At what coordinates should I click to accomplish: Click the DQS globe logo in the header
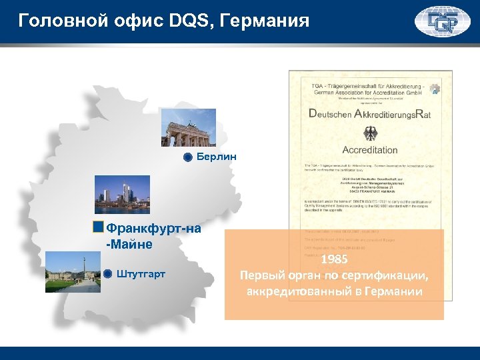(x=442, y=21)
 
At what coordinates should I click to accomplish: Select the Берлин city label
(x=216, y=157)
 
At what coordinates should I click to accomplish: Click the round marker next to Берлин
(x=188, y=158)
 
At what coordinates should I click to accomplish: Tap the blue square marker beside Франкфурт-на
(x=98, y=227)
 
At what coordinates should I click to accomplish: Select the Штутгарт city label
(x=141, y=273)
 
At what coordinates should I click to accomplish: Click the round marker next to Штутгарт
(x=107, y=273)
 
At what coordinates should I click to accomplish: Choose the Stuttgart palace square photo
(x=73, y=273)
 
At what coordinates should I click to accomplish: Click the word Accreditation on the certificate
(x=369, y=149)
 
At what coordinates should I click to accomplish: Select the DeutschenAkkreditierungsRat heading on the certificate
(x=369, y=114)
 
